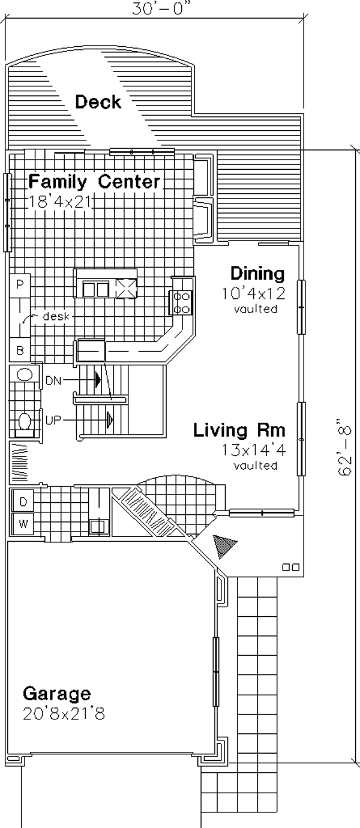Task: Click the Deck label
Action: click(98, 101)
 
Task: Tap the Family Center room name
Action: click(95, 182)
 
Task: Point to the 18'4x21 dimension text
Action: click(60, 202)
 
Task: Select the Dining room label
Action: click(257, 274)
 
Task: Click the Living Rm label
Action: click(239, 430)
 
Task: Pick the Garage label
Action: click(57, 694)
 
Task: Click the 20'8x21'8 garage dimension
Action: click(64, 714)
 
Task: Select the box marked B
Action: click(20, 350)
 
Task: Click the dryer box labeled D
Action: click(23, 502)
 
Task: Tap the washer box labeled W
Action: click(23, 523)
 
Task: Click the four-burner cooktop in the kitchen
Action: click(181, 302)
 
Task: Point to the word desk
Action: click(56, 316)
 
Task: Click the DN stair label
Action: click(53, 380)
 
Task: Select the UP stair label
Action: click(53, 420)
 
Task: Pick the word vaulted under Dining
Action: click(256, 308)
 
